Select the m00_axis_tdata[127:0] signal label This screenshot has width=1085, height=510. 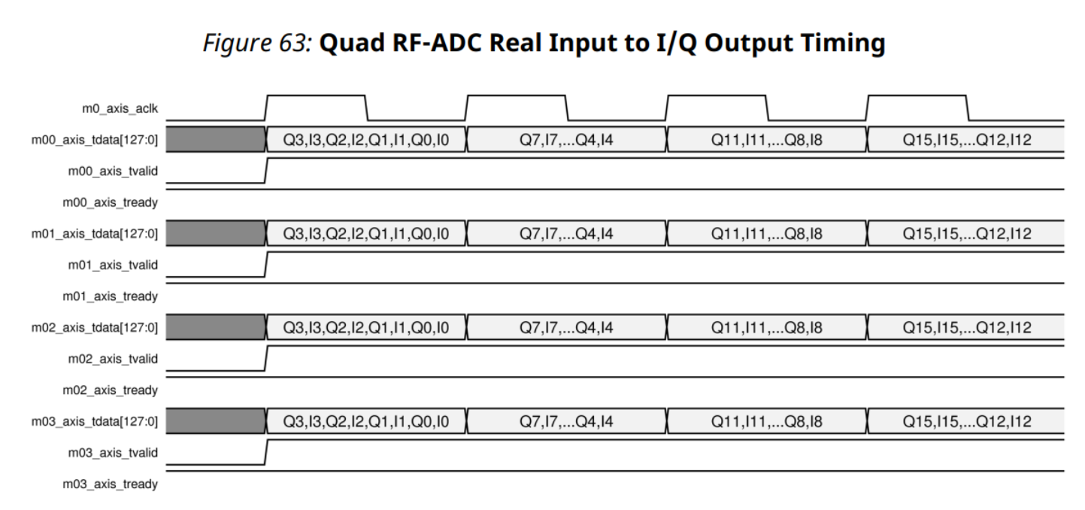(109, 140)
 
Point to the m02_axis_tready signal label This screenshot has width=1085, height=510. (115, 390)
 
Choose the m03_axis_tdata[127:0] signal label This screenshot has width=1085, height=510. (109, 420)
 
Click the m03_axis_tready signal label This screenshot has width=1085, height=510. (115, 484)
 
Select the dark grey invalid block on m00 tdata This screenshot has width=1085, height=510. (215, 140)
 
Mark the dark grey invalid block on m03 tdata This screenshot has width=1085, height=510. (215, 420)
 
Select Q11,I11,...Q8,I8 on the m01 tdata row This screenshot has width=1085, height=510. (767, 233)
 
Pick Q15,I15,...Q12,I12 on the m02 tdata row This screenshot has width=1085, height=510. (966, 327)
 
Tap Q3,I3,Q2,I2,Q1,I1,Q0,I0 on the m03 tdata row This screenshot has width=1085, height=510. (366, 420)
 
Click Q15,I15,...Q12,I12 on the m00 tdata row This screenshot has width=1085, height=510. (966, 140)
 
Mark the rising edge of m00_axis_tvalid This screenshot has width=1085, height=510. (266, 171)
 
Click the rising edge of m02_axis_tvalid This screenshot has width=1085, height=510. (266, 358)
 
